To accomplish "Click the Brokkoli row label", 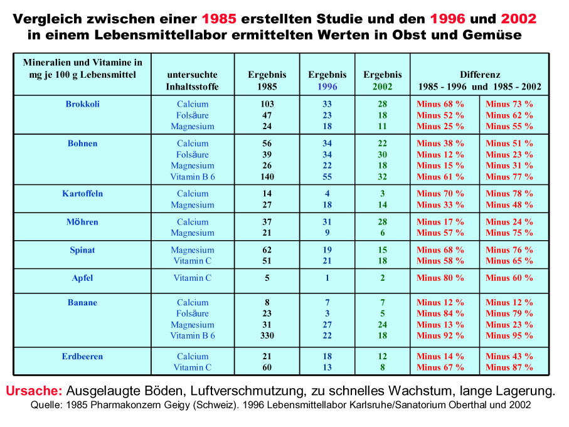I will [x=83, y=104].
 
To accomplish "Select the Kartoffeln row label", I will [x=83, y=194].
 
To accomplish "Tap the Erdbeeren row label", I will [x=82, y=357].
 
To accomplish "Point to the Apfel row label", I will [x=83, y=278].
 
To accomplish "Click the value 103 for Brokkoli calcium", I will [x=267, y=104].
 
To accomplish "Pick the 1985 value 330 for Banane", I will [x=267, y=336].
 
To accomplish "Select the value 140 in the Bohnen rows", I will [x=267, y=177].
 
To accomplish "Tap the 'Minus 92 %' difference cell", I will [x=440, y=336].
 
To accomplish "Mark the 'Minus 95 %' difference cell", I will [x=509, y=336].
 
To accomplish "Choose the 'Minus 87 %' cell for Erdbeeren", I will [x=509, y=367].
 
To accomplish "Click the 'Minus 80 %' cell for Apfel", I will [x=440, y=278].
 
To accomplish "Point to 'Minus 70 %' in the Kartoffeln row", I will [x=440, y=194].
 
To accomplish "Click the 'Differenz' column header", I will [x=479, y=75].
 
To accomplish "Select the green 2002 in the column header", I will [x=383, y=87].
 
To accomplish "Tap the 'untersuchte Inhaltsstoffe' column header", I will [x=193, y=81].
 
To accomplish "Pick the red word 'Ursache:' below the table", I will [x=34, y=391].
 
